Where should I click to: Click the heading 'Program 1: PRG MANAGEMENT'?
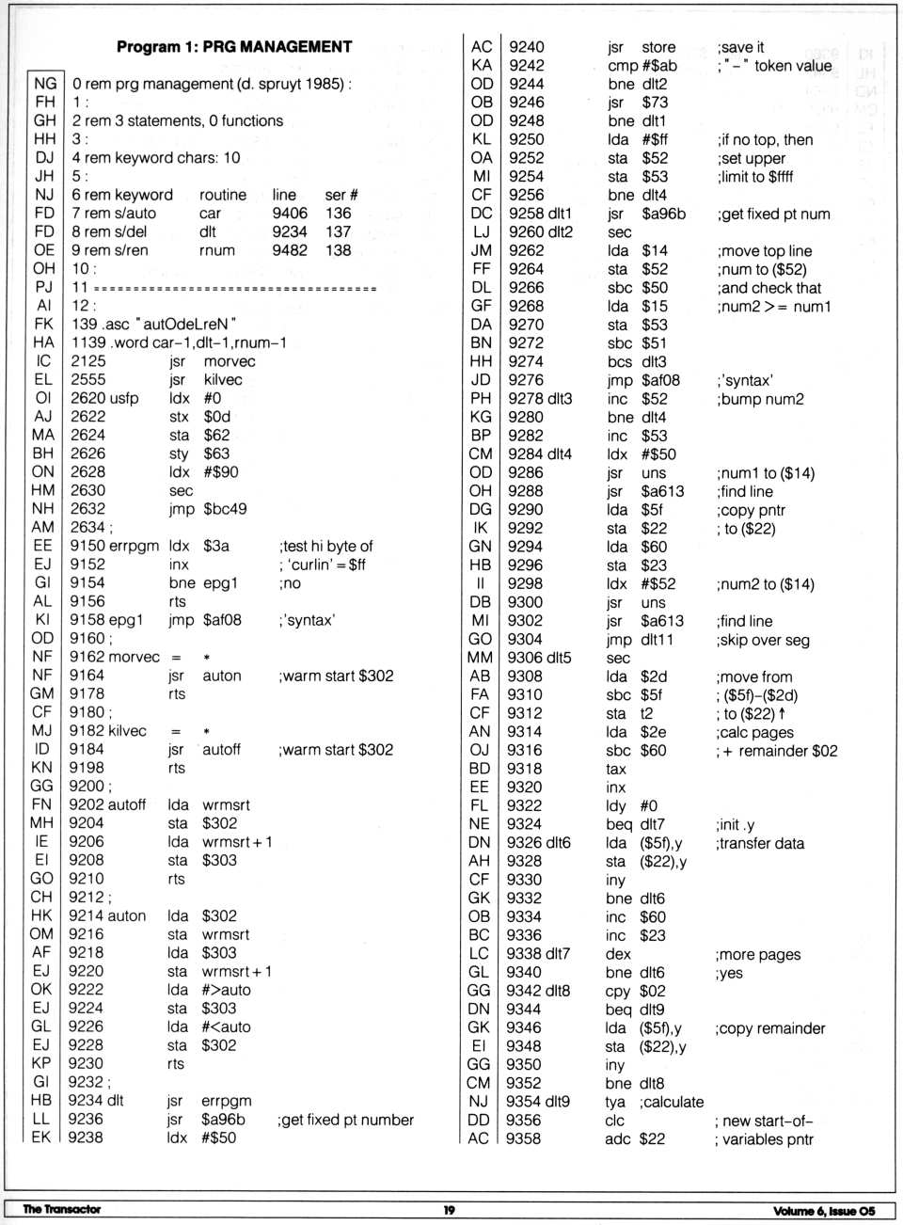click(x=234, y=46)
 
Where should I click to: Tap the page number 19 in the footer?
click(x=449, y=1210)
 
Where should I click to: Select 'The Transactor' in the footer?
click(x=61, y=1210)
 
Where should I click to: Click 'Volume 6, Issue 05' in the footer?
click(x=824, y=1211)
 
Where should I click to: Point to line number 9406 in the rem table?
click(x=290, y=213)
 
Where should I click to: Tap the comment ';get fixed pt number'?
click(x=345, y=1120)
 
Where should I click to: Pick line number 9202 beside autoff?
click(x=87, y=804)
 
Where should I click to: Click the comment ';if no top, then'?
click(x=765, y=139)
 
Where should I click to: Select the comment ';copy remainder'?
click(x=769, y=1028)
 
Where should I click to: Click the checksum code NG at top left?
click(x=44, y=83)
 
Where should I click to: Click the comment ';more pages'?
click(x=757, y=954)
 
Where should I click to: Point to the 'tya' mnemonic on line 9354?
click(x=615, y=1102)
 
